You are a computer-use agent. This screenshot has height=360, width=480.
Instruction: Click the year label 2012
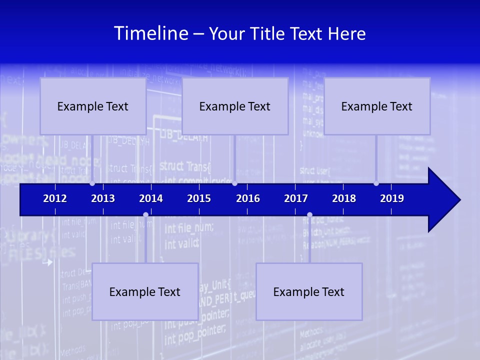(55, 198)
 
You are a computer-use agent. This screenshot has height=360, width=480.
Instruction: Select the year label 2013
(103, 198)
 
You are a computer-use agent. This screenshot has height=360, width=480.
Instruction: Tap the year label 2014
(151, 198)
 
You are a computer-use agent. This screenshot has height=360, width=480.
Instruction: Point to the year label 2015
(199, 198)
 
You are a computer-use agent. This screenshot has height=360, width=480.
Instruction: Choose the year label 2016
(248, 198)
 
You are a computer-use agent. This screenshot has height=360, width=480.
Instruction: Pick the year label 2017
(296, 198)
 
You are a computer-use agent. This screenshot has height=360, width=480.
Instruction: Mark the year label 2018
(344, 198)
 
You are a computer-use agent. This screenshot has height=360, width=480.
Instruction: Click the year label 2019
(392, 198)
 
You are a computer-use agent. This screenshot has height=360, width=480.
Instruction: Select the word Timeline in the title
(151, 33)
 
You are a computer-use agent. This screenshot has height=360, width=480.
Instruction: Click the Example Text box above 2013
(93, 106)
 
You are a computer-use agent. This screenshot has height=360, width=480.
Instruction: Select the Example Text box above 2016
(235, 106)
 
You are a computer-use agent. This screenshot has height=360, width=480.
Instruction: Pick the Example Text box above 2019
(377, 106)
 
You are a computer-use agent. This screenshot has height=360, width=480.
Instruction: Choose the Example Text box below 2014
(145, 291)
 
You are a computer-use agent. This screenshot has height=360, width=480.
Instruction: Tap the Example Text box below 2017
(309, 291)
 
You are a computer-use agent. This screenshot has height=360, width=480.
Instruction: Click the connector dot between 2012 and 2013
(92, 183)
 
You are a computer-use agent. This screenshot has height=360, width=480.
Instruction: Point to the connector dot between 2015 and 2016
(234, 183)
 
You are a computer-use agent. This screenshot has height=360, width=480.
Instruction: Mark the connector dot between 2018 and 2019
(376, 183)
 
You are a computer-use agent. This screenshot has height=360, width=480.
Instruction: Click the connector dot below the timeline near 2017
(309, 215)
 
